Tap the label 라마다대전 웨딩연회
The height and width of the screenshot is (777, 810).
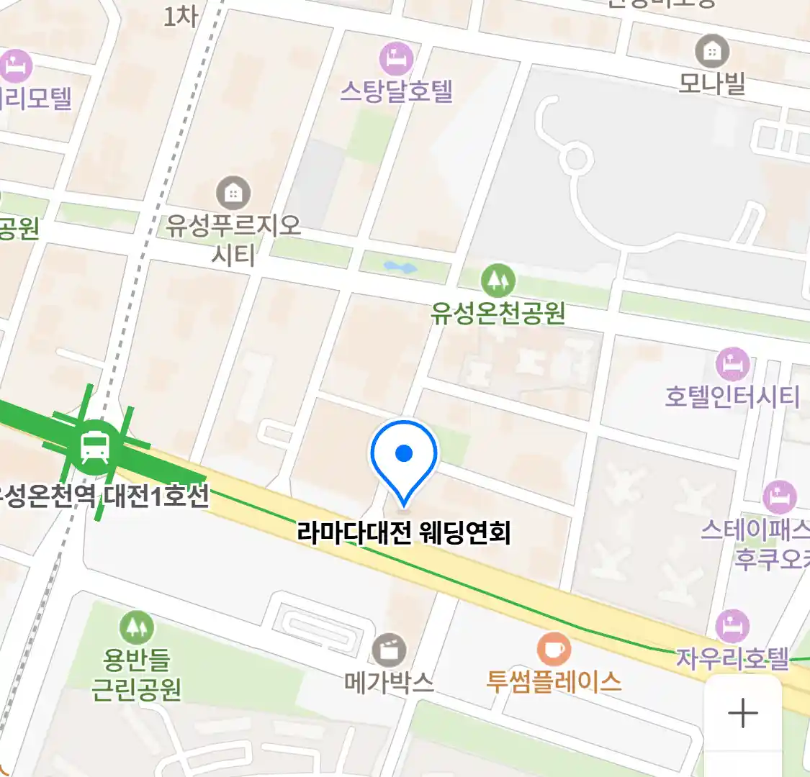[404, 533]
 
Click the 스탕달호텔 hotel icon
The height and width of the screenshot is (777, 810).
[395, 59]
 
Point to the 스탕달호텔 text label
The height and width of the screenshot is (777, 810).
[396, 91]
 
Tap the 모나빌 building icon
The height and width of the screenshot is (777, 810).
[711, 51]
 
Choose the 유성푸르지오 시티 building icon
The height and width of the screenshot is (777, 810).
[233, 193]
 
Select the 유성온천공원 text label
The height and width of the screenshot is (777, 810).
[498, 313]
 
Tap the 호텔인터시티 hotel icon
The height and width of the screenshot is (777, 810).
[732, 365]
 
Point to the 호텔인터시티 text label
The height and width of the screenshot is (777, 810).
[732, 396]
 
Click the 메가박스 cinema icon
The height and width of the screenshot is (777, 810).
[389, 650]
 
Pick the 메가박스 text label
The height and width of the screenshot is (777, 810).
[389, 681]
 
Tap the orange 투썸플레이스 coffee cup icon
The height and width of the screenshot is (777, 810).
[554, 649]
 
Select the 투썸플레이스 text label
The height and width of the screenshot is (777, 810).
[554, 681]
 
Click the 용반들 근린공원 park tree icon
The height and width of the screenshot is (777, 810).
[136, 627]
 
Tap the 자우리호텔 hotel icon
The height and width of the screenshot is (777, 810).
[732, 626]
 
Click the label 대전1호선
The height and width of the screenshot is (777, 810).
[156, 496]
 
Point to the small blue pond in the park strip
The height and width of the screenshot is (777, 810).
[400, 268]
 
